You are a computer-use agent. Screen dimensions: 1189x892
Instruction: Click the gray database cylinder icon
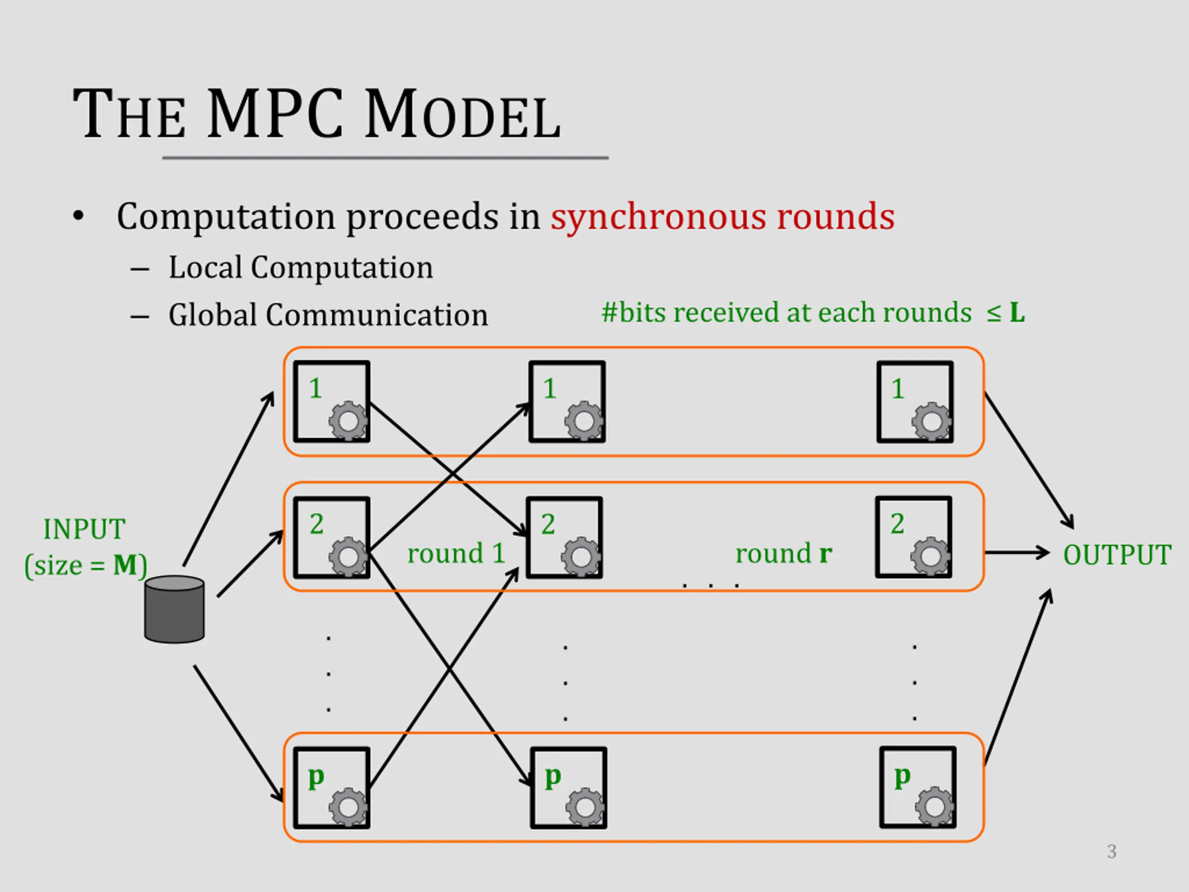[174, 609]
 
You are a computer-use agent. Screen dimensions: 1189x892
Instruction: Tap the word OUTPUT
[1117, 554]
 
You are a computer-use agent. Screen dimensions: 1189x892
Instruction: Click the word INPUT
[85, 529]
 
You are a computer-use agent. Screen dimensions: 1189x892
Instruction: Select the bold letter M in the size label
[124, 565]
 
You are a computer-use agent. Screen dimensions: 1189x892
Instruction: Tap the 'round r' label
[784, 553]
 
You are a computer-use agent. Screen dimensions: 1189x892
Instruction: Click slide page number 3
[1111, 851]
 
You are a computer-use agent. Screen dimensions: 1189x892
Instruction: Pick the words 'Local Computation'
[301, 267]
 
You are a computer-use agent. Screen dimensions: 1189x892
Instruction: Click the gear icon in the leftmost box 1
[348, 420]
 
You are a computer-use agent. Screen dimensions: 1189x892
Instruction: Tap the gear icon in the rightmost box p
[935, 807]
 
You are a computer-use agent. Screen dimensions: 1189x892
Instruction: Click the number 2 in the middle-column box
[548, 524]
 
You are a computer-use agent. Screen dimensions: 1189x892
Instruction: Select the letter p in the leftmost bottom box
[316, 777]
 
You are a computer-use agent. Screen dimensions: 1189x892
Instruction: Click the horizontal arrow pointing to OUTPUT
[1017, 552]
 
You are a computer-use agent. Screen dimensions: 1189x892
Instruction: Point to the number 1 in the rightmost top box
[898, 389]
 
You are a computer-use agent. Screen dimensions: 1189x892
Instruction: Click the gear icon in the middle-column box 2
[581, 557]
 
